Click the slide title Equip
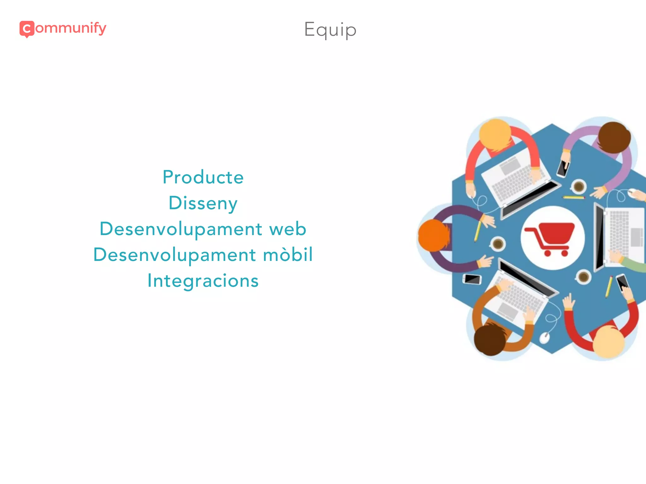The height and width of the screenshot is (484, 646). pyautogui.click(x=330, y=30)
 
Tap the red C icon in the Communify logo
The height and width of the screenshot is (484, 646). pyautogui.click(x=27, y=29)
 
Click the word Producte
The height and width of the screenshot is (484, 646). pyautogui.click(x=203, y=177)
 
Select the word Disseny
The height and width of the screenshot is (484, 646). pyautogui.click(x=203, y=203)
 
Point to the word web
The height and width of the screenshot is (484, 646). pyautogui.click(x=287, y=229)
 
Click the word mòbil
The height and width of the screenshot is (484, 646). pyautogui.click(x=288, y=255)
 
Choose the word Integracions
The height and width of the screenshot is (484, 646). pyautogui.click(x=203, y=281)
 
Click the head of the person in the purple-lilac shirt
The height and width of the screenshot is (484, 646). pyautogui.click(x=614, y=137)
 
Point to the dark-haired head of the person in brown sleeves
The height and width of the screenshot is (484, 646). pyautogui.click(x=490, y=340)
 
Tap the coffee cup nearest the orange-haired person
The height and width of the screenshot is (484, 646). pyautogui.click(x=498, y=244)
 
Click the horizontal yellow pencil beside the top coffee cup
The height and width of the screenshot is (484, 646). pyautogui.click(x=573, y=198)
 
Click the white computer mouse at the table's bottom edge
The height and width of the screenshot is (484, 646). pyautogui.click(x=544, y=338)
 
